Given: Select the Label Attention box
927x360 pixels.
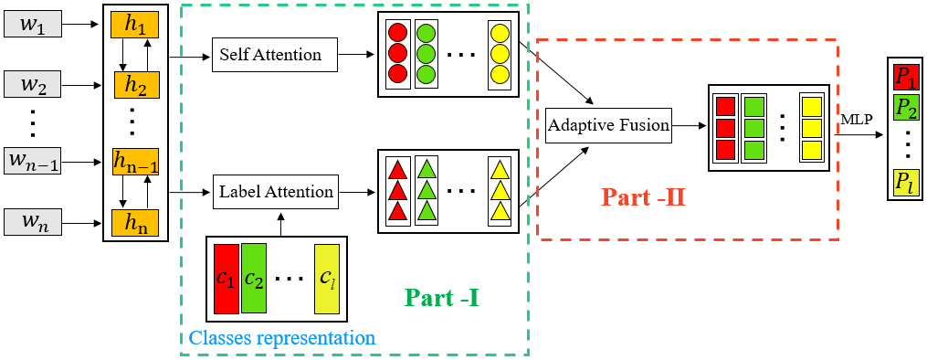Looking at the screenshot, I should pyautogui.click(x=276, y=192).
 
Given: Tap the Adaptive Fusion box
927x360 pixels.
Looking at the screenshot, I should pyautogui.click(x=608, y=126).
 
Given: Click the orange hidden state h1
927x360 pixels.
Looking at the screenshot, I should pyautogui.click(x=135, y=26).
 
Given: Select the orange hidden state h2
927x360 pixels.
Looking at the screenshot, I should pyautogui.click(x=136, y=86).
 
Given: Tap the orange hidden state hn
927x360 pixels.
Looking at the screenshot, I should pyautogui.click(x=135, y=222).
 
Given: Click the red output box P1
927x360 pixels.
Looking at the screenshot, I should pyautogui.click(x=906, y=75).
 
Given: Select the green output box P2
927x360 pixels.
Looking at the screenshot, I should pyautogui.click(x=906, y=109).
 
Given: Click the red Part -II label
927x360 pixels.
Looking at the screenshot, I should pyautogui.click(x=643, y=197).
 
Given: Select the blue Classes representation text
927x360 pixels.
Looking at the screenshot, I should pyautogui.click(x=281, y=338).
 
